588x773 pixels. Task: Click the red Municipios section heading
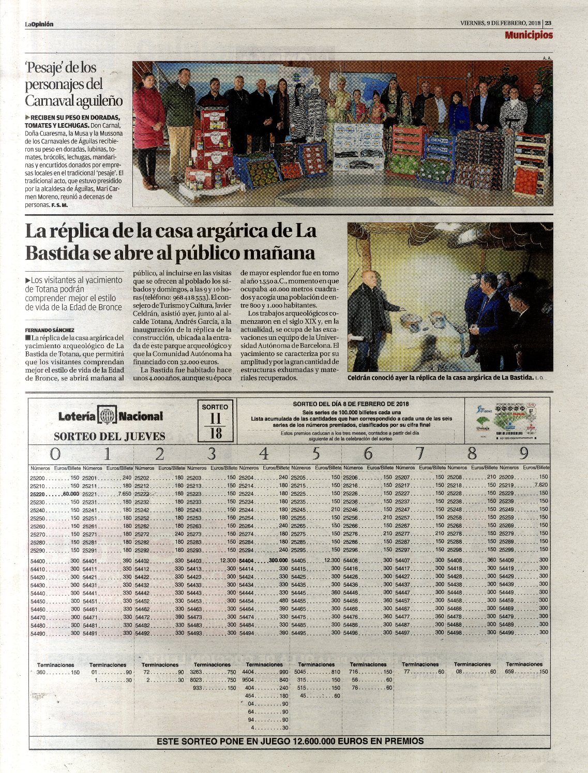(x=529, y=35)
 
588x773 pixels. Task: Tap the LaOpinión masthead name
(x=39, y=24)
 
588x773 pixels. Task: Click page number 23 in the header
(x=548, y=23)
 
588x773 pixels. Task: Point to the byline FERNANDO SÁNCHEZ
(x=50, y=330)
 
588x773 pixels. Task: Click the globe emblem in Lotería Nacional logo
(x=107, y=417)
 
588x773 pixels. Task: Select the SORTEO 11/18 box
(x=215, y=421)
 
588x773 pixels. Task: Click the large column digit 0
(x=55, y=454)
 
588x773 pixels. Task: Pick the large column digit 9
(x=524, y=454)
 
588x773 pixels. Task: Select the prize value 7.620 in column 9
(x=540, y=485)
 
